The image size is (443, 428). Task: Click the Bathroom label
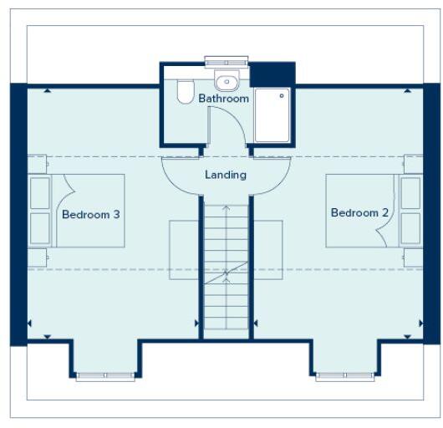(x=223, y=99)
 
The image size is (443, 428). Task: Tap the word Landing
(x=226, y=175)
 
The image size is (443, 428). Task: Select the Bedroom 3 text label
(x=91, y=215)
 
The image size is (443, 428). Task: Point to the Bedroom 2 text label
(x=359, y=213)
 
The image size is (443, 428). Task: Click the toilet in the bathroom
(x=186, y=92)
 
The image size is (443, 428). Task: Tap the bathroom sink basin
(x=224, y=82)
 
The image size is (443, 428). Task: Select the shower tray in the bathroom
(x=272, y=115)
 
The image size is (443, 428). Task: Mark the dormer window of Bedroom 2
(x=344, y=376)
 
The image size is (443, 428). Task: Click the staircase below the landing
(x=226, y=267)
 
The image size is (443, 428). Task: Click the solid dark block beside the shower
(x=273, y=73)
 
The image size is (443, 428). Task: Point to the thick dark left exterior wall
(x=18, y=214)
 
